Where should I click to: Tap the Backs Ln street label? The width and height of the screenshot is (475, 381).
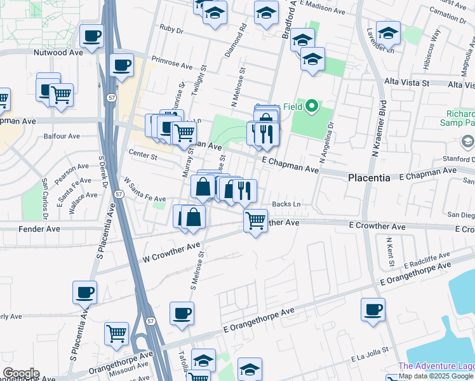pos(286,204)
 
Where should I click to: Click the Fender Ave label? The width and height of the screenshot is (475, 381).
pos(39,228)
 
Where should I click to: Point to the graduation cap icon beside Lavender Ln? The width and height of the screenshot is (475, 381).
pos(388,32)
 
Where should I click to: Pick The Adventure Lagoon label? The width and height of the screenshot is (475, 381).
pos(436,366)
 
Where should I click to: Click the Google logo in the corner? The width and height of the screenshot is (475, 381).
pos(20,373)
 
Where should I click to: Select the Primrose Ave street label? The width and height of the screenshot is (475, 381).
pos(168,65)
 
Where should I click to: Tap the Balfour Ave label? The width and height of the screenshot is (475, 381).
pos(62,136)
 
